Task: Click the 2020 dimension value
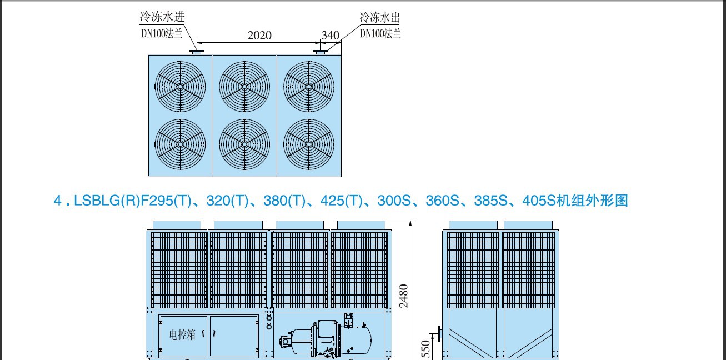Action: (x=259, y=35)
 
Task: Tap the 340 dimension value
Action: (x=331, y=35)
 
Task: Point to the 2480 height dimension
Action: (x=403, y=296)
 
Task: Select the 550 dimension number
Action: (x=426, y=349)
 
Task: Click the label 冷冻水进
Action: (x=162, y=16)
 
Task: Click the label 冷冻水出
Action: (x=380, y=17)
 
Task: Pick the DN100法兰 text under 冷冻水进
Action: (x=162, y=33)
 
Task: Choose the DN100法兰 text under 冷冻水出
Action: (x=380, y=33)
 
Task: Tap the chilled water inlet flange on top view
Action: (x=197, y=52)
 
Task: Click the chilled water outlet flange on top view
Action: (x=321, y=52)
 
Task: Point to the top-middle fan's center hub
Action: (x=244, y=87)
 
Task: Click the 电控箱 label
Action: (x=182, y=334)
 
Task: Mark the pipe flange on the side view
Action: (x=440, y=334)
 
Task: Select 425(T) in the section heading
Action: (x=341, y=200)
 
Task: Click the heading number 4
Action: (x=58, y=200)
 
